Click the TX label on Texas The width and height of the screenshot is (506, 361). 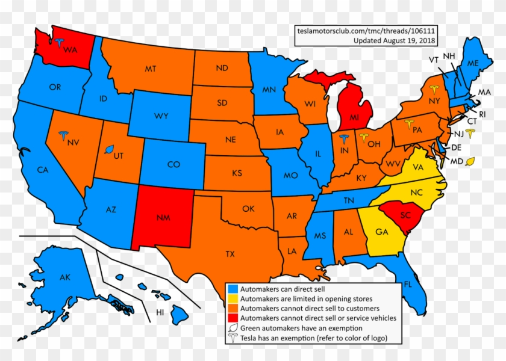coord(230,255)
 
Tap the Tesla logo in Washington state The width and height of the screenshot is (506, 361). coord(59,42)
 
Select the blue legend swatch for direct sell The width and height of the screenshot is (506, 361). coord(232,289)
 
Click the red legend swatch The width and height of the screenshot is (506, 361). coord(232,318)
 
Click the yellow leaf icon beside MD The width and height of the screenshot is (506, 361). coord(470,161)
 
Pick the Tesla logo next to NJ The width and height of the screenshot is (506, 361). coord(470,132)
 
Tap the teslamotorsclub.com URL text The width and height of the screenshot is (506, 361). coord(366,30)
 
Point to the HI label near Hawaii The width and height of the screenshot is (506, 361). coord(160,313)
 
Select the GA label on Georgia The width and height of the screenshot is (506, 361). coord(381,232)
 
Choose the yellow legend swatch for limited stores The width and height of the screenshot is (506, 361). coord(232,298)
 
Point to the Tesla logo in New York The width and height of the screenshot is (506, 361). coord(434,90)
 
